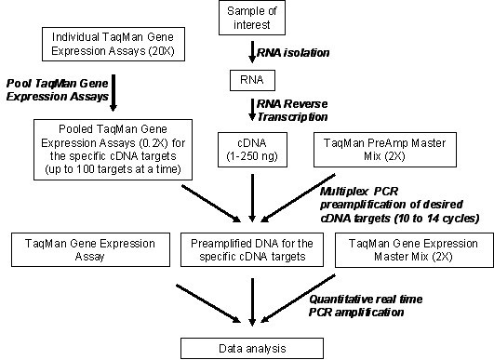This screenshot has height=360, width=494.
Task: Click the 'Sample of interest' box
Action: (253, 18)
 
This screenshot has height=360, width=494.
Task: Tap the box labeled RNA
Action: (253, 80)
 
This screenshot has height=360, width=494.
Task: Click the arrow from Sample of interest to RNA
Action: (253, 50)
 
